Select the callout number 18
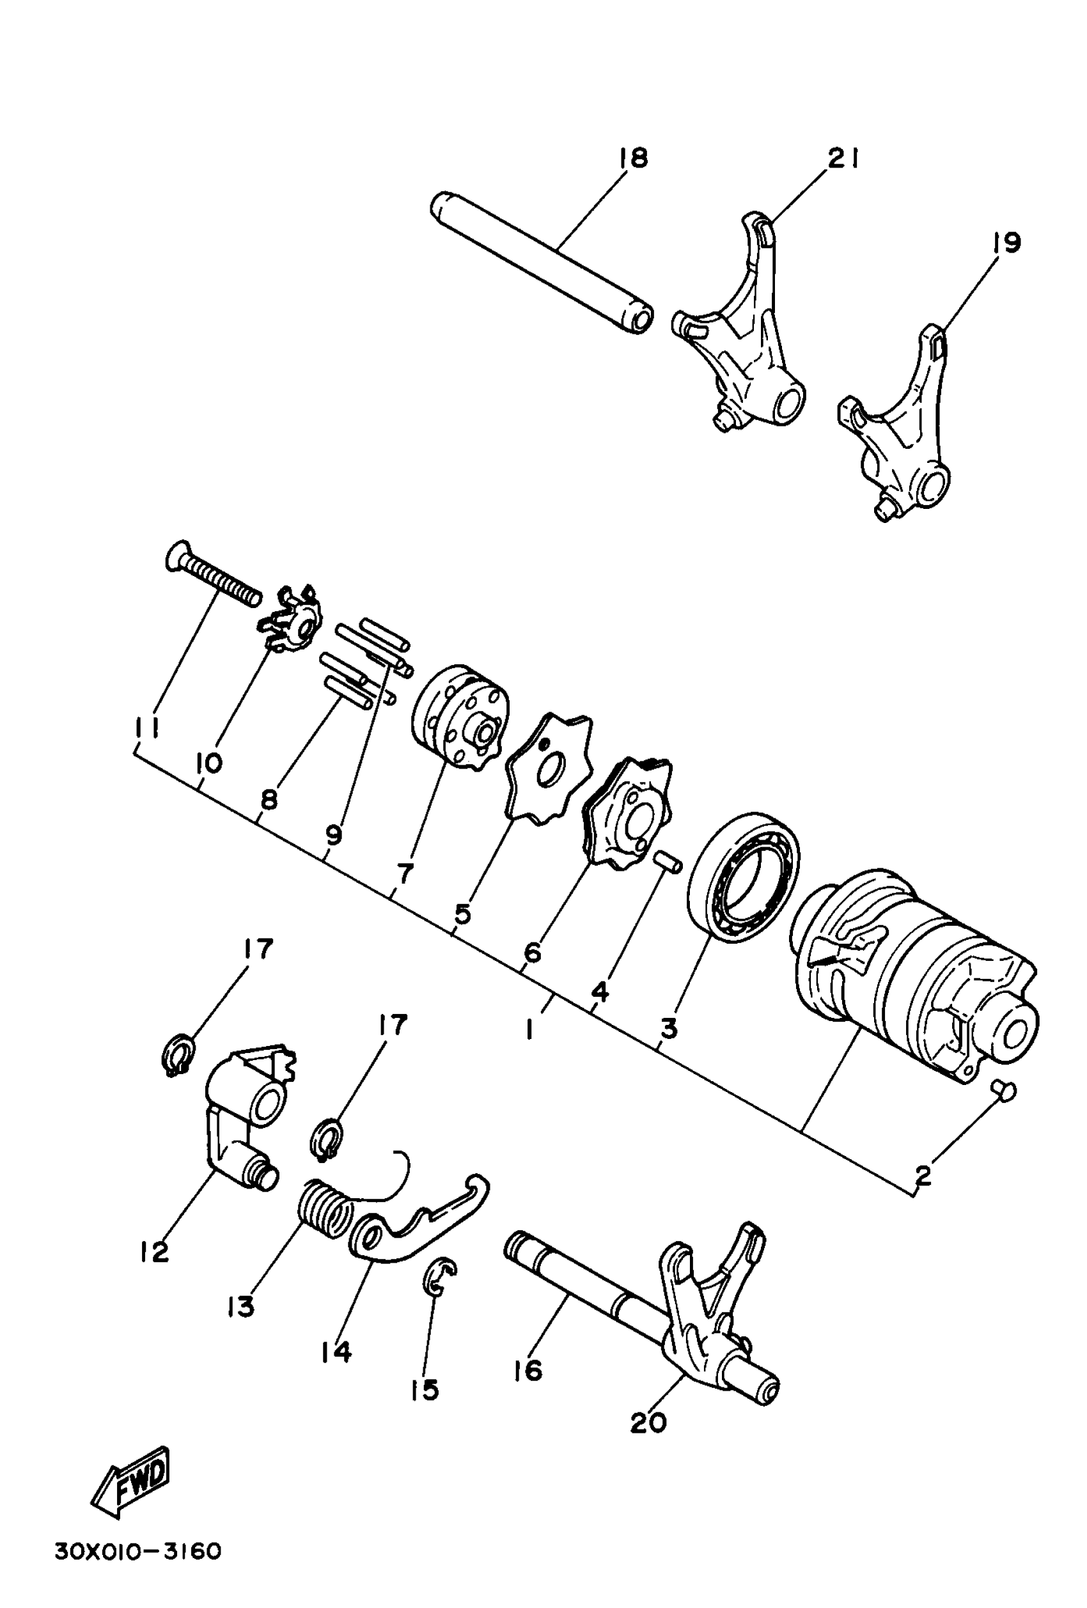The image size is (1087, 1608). pos(632,158)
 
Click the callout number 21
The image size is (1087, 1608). pos(843,159)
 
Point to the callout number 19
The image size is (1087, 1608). pos(1005,243)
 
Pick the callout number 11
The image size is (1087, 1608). pos(146,728)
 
